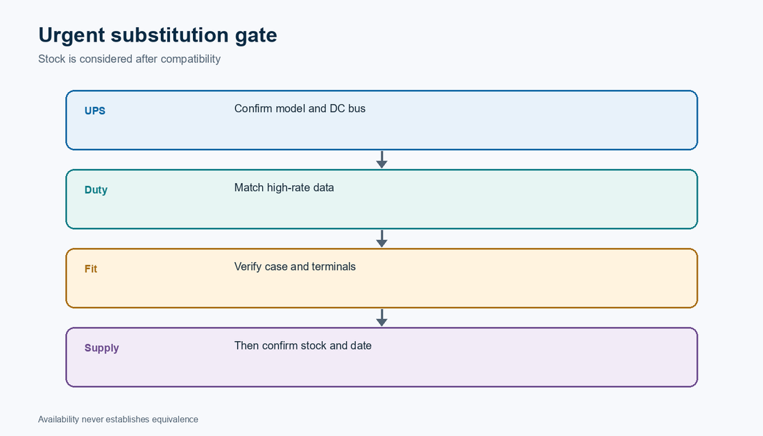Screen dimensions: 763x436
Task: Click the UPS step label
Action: (x=95, y=111)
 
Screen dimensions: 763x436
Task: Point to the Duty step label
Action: (x=96, y=190)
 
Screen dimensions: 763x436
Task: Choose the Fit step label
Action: (x=91, y=269)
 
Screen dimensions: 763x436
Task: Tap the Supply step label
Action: (x=102, y=348)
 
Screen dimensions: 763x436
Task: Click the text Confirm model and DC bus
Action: (x=300, y=108)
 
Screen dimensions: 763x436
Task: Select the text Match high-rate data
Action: (x=284, y=188)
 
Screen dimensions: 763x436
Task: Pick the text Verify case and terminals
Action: (x=295, y=266)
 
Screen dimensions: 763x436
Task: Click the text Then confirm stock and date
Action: (x=302, y=346)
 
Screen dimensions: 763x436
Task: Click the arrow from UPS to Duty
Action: (x=382, y=159)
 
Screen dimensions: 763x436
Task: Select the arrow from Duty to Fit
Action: (x=382, y=238)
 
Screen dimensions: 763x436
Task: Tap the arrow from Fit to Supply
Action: (x=382, y=317)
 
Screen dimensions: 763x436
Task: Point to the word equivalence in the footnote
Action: (x=175, y=419)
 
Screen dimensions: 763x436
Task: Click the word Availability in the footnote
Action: (x=58, y=419)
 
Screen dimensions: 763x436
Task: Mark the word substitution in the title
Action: (x=170, y=35)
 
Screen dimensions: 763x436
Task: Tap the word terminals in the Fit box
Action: (x=334, y=266)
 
